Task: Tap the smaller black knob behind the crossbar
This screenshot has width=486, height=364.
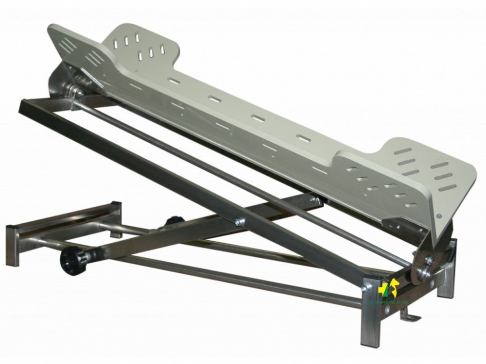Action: (173, 221)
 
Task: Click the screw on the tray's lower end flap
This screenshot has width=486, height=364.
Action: (439, 215)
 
